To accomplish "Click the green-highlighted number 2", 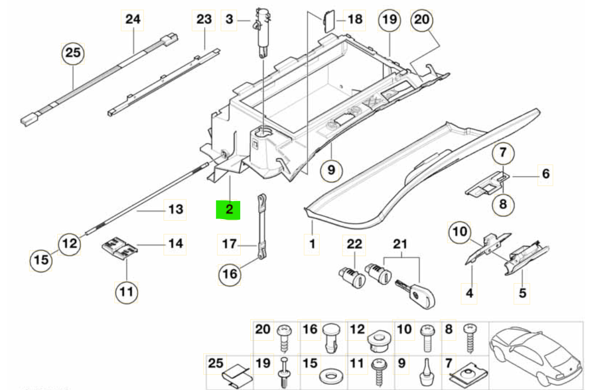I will (x=229, y=209).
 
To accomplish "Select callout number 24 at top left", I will (x=133, y=20).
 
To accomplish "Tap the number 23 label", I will (x=204, y=20).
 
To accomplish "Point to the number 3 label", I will (x=229, y=20).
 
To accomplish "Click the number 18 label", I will (x=355, y=20).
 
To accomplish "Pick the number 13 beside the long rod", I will (x=175, y=210).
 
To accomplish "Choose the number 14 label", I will (x=176, y=244).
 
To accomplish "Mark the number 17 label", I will (x=229, y=244).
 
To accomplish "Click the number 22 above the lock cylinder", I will (x=354, y=244).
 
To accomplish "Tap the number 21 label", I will (x=401, y=244).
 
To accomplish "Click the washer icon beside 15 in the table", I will (x=331, y=378).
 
